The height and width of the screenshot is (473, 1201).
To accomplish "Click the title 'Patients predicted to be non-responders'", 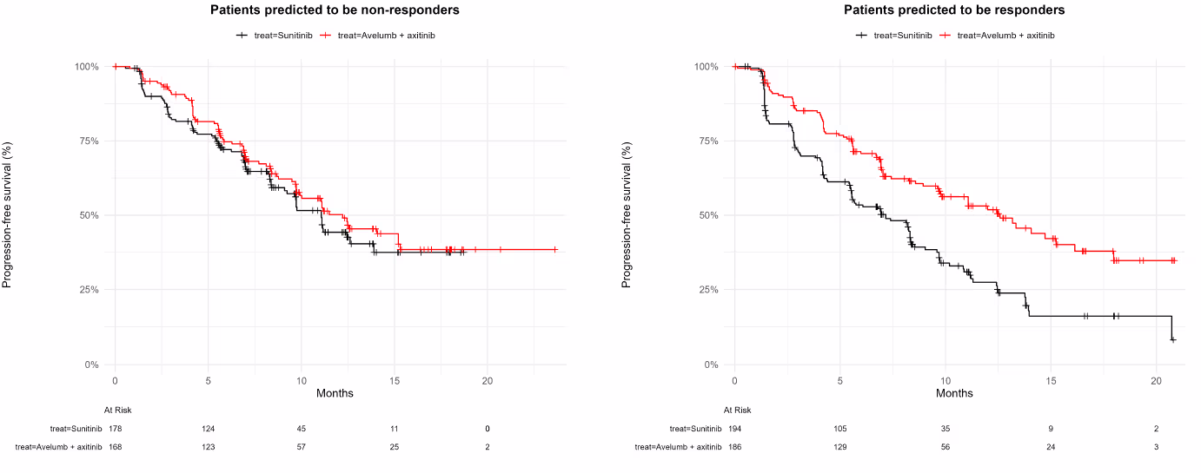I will click(335, 10).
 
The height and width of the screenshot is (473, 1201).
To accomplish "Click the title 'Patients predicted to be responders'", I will click(954, 10).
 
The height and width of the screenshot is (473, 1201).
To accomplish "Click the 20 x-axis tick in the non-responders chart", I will click(488, 381).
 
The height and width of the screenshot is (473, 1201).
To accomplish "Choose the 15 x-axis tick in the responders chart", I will click(1051, 381).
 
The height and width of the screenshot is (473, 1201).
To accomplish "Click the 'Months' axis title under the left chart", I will click(335, 394).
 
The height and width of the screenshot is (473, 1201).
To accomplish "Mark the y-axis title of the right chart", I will click(627, 215).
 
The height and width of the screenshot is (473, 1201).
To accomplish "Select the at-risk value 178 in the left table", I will click(116, 429).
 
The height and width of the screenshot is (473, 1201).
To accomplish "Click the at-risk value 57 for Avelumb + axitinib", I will click(301, 447).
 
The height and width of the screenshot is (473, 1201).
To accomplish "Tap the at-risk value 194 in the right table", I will click(735, 429).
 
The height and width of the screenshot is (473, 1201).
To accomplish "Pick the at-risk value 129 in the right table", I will click(840, 447).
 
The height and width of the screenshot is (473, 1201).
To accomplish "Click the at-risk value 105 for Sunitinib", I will click(840, 429).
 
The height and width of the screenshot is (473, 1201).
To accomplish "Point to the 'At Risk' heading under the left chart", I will click(117, 410).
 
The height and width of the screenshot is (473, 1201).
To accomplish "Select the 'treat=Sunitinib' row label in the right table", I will click(695, 429).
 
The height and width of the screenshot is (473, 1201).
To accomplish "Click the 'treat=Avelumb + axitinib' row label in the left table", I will click(59, 447).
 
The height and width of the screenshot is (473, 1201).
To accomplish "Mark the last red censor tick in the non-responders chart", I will click(554, 250).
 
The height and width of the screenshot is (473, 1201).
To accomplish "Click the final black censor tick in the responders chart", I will click(1173, 339).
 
